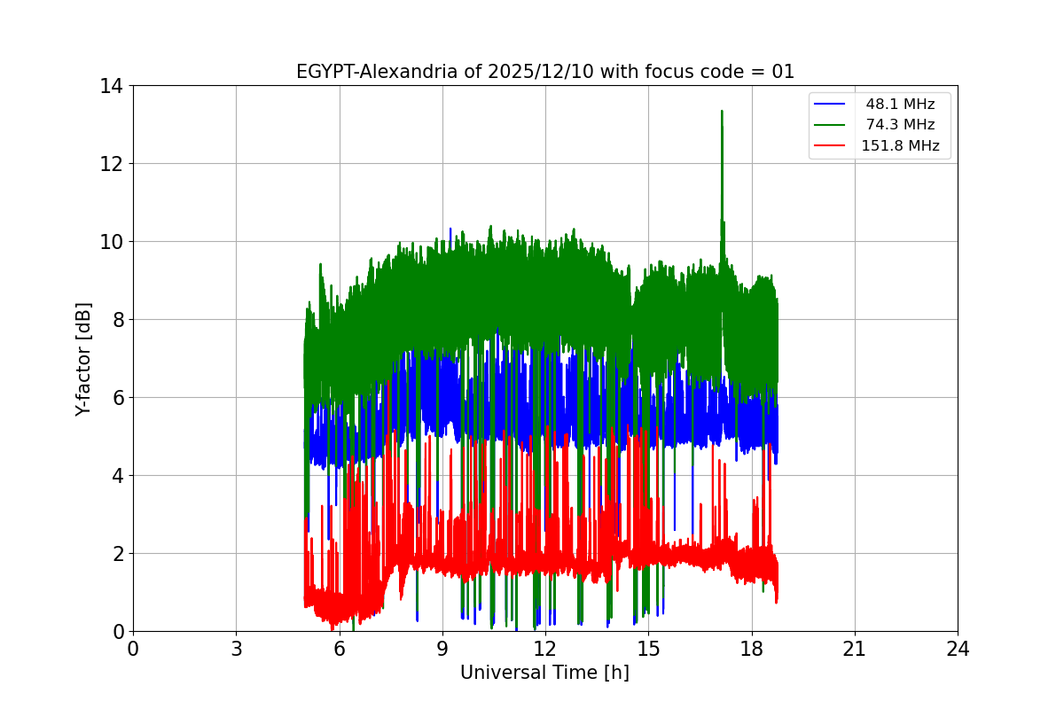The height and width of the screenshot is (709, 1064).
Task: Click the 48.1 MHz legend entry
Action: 900,105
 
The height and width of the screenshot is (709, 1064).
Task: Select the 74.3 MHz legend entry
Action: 900,125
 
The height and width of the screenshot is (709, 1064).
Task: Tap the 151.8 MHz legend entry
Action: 900,146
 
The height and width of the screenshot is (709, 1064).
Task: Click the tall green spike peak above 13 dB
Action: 722,112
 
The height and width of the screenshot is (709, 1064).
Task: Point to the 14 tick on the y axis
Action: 112,86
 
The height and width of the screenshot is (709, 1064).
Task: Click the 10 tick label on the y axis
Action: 112,242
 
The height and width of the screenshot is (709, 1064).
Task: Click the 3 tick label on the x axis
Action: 236,649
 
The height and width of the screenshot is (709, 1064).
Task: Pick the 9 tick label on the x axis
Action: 442,649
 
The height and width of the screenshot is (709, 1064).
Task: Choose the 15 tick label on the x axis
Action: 648,649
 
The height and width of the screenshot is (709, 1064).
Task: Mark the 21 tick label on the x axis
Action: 855,649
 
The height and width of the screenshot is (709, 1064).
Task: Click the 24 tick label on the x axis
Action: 958,649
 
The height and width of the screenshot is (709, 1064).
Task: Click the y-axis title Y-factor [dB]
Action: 83,359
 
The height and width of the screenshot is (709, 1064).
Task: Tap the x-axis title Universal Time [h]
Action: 544,674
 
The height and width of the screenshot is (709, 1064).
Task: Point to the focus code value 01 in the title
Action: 783,72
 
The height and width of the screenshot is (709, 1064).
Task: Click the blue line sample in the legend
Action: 830,105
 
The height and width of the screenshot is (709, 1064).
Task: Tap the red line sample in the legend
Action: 830,146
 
